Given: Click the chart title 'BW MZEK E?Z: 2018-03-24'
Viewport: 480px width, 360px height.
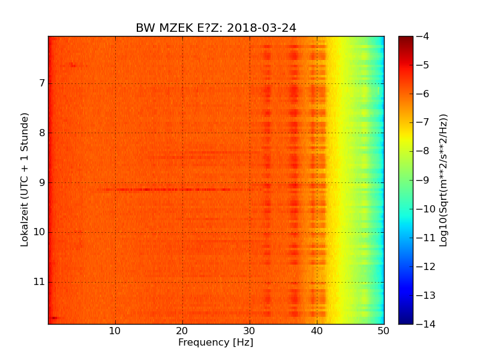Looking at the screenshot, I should pos(216,28).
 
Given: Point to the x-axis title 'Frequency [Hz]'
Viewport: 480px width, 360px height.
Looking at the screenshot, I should pos(216,343).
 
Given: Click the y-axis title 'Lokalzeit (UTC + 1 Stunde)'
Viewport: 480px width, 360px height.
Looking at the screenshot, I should pos(25,180).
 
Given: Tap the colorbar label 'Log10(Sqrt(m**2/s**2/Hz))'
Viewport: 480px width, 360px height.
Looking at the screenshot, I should pos(444,180).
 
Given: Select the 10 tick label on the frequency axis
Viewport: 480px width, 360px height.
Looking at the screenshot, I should pos(115,331).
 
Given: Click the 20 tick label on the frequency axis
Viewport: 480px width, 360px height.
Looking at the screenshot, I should pos(182,331).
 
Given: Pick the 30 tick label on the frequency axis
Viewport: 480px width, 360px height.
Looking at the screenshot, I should pos(250,331).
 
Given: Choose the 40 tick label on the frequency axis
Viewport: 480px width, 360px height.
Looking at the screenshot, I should pos(317,331).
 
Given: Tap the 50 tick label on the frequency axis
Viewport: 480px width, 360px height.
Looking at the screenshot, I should pos(384,331).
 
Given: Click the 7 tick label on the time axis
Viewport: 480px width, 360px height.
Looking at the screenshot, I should pos(42,83).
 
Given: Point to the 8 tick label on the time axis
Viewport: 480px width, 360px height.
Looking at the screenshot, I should pos(42,133).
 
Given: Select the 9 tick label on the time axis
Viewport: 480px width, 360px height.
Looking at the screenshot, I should pos(42,182).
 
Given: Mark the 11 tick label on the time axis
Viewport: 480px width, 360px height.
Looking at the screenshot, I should pos(40,282).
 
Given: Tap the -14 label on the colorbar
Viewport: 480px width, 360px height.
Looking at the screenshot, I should pos(425,324).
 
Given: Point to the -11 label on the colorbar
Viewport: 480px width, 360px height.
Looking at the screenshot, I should pos(425,238).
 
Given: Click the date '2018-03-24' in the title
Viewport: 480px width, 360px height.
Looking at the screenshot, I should pos(263,28).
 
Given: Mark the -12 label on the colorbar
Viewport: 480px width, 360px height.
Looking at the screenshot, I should pos(425,266).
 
